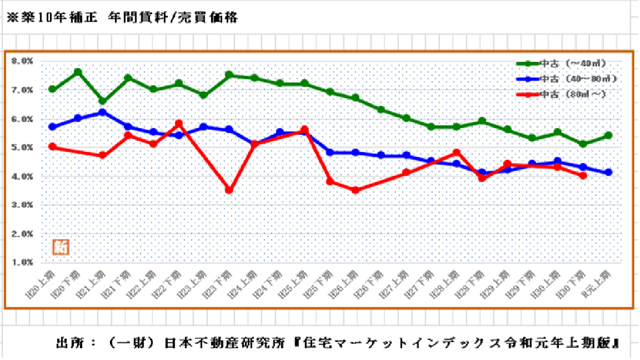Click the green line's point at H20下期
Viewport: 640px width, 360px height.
click(x=78, y=72)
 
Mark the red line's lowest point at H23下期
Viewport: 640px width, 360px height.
click(x=229, y=190)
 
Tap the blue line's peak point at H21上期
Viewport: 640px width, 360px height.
click(x=103, y=112)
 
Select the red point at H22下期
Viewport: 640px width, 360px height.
click(x=178, y=123)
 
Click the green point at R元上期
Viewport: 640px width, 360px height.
click(x=608, y=136)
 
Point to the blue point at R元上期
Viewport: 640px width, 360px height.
click(x=608, y=173)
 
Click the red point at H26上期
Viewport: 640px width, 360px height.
click(x=355, y=190)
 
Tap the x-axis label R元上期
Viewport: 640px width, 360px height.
click(x=602, y=281)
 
